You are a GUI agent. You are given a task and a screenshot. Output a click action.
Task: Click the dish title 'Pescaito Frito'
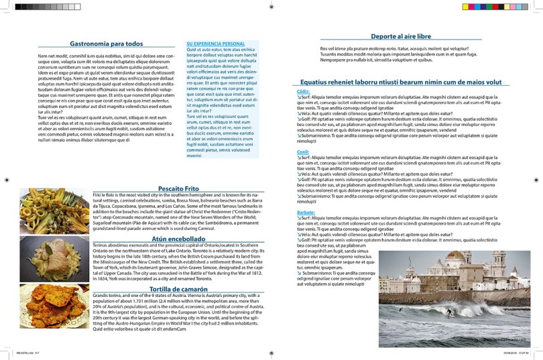pyautogui.click(x=178, y=188)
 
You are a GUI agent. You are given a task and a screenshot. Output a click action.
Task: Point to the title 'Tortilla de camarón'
pyautogui.click(x=179, y=289)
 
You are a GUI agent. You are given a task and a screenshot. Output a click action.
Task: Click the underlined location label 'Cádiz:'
pyautogui.click(x=303, y=91)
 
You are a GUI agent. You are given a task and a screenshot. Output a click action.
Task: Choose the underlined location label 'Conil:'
pyautogui.click(x=303, y=152)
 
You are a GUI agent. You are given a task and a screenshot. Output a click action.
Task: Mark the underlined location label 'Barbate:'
pyautogui.click(x=306, y=212)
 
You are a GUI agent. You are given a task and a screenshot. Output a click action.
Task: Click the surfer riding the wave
pyautogui.click(x=449, y=312)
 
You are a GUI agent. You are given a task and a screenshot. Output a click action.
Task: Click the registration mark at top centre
pyautogui.click(x=271, y=6)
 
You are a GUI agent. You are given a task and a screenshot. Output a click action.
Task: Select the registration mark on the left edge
pyautogui.click(x=6, y=180)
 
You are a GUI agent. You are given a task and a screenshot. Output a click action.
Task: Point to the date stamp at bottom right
pyautogui.click(x=520, y=353)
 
